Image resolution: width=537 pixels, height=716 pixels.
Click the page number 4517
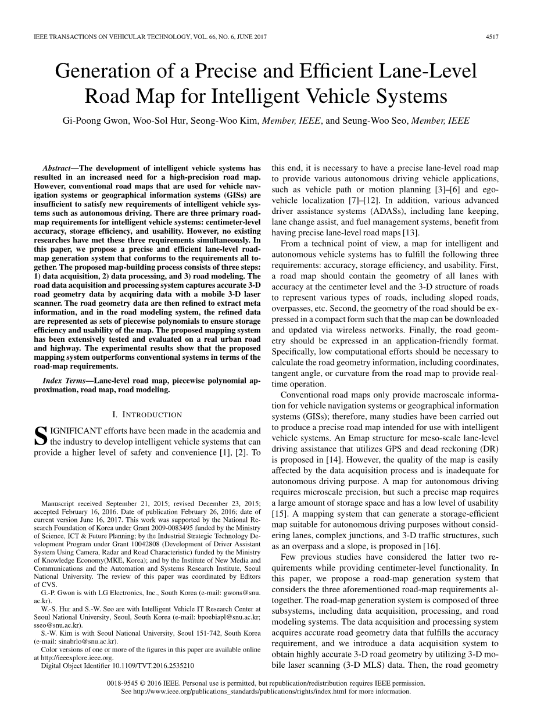(492, 37)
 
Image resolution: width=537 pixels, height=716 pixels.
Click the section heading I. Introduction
(146, 414)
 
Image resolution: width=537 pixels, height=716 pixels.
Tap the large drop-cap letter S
(41, 437)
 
